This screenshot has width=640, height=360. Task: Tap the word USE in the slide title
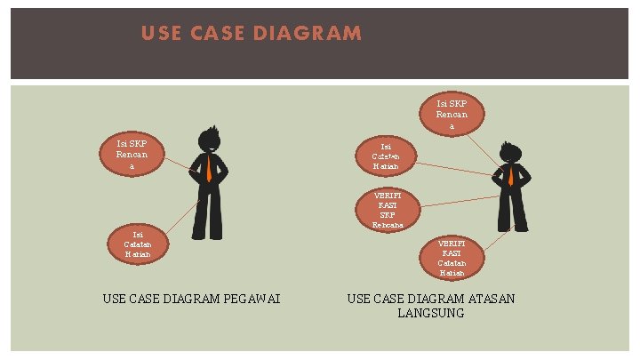tap(160, 34)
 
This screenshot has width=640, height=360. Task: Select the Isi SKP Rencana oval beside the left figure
tap(132, 155)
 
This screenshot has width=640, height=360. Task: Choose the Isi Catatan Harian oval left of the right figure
tap(386, 156)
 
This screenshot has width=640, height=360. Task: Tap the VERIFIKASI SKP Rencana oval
tap(388, 210)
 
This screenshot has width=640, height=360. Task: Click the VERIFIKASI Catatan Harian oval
tap(452, 258)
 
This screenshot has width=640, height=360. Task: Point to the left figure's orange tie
tap(209, 169)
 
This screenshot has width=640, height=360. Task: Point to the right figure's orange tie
tap(510, 175)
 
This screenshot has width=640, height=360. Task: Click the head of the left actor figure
tap(210, 140)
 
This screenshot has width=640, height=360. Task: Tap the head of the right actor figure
tap(511, 150)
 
